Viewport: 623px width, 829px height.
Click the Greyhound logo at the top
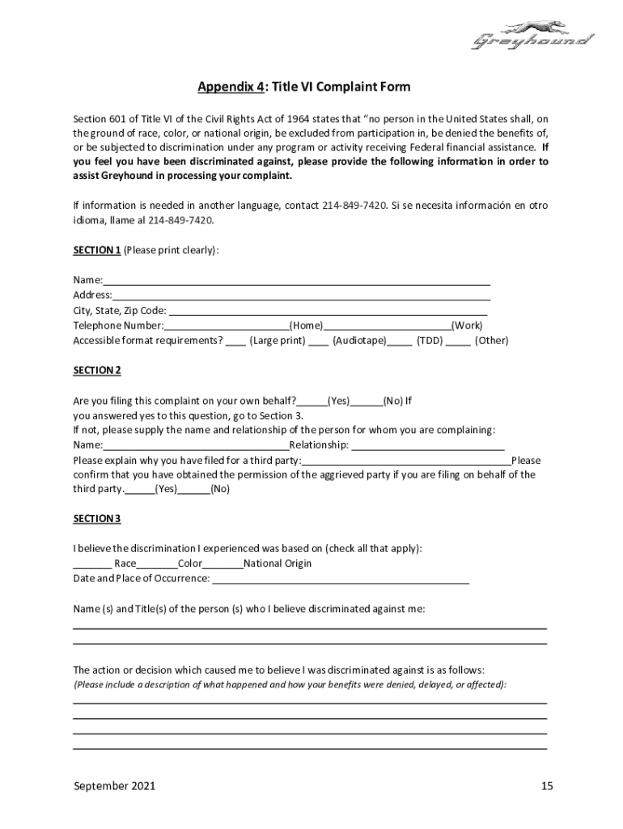click(x=532, y=36)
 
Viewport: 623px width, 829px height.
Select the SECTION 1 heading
click(x=96, y=250)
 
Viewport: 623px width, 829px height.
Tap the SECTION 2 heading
click(x=96, y=370)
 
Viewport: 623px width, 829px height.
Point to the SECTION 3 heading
click(x=96, y=518)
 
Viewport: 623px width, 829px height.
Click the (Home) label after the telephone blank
click(x=306, y=325)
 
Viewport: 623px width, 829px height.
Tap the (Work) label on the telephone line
click(x=467, y=325)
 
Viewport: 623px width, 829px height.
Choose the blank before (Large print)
click(x=235, y=342)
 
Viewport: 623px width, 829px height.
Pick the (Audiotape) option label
click(x=359, y=341)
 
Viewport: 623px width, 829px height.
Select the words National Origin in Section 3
click(x=278, y=563)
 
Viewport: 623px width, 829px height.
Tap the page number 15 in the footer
click(x=547, y=786)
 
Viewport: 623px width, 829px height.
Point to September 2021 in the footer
click(x=114, y=786)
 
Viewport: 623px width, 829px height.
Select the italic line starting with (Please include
click(x=290, y=685)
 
